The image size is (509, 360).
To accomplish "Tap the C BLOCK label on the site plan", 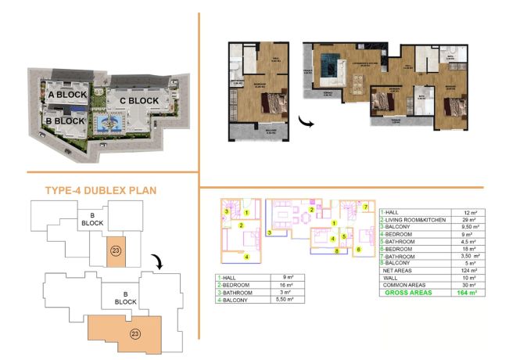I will [x=139, y=100].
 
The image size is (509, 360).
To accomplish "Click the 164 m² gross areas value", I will [x=468, y=292].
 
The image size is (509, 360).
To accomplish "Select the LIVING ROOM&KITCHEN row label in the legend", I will [x=414, y=221].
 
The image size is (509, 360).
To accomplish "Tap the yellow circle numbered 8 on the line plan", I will [x=335, y=251].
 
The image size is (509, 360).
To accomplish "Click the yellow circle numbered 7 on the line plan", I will [x=365, y=206].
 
